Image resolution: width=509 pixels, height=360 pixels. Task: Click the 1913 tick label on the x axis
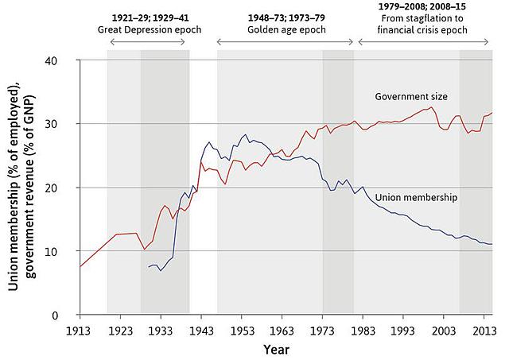tap(79, 330)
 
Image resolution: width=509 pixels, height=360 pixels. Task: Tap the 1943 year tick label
tap(202, 330)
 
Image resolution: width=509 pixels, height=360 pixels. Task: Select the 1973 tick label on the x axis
tap(323, 330)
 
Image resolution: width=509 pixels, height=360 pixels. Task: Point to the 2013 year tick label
tap(485, 330)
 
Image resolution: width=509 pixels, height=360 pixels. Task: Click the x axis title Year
tap(277, 348)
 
